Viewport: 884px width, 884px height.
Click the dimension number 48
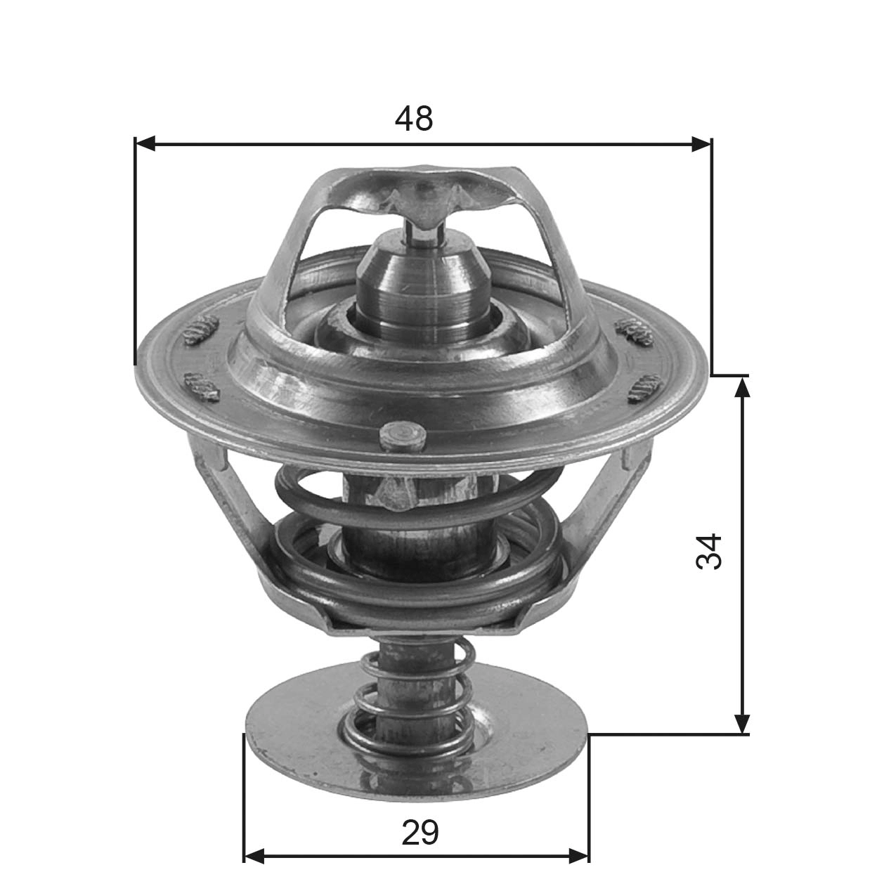(x=414, y=119)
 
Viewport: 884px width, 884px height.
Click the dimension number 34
(x=709, y=552)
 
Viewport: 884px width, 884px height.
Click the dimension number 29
(x=420, y=833)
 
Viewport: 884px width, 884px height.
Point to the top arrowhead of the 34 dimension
(x=742, y=386)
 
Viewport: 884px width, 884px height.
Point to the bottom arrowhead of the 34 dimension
(x=742, y=724)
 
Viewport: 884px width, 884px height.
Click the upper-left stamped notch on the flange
(x=200, y=330)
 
